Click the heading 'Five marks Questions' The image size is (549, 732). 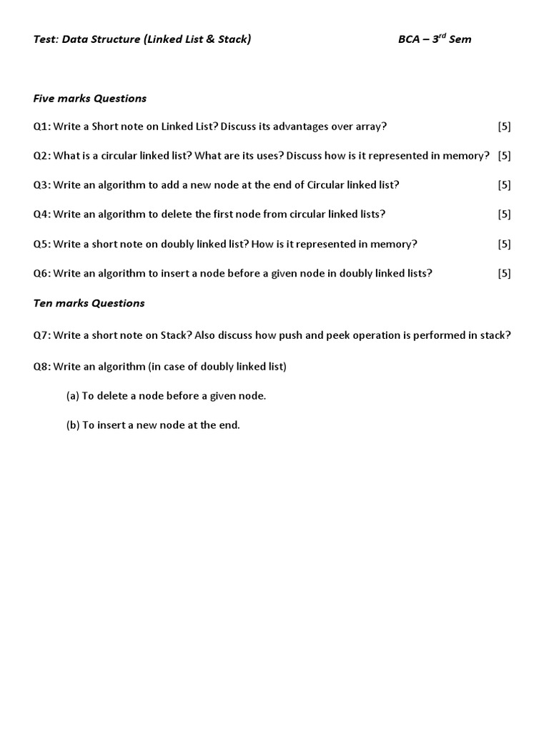coord(90,98)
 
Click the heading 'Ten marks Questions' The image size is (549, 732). coord(89,303)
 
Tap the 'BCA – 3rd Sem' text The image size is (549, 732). coord(435,39)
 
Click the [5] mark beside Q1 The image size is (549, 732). coord(504,127)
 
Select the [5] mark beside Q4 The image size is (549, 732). coord(504,214)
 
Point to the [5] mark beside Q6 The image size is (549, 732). coord(504,273)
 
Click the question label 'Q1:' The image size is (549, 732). coord(41,127)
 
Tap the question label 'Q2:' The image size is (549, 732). coord(41,156)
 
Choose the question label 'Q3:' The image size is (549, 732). coord(41,185)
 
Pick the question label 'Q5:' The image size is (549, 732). coord(41,244)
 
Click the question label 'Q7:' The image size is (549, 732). coord(41,335)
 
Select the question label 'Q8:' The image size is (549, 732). coord(41,367)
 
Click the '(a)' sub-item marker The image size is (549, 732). coord(72,396)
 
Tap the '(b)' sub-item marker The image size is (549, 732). coord(72,425)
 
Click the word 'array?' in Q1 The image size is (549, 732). coord(371,127)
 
